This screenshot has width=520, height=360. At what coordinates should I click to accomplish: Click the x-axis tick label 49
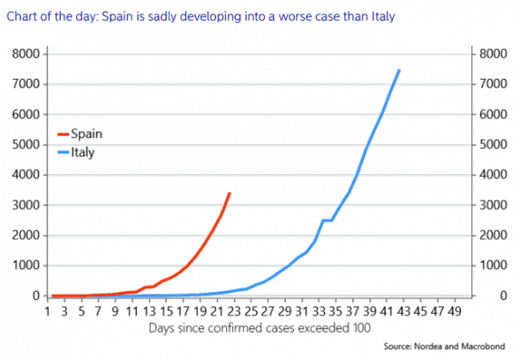pyautogui.click(x=454, y=312)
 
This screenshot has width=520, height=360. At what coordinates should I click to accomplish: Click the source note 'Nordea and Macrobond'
pyautogui.click(x=466, y=347)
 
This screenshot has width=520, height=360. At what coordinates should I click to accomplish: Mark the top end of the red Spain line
pyautogui.click(x=230, y=193)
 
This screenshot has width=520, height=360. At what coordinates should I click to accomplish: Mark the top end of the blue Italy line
pyautogui.click(x=399, y=69)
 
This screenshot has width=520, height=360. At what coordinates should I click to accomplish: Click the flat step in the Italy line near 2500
pyautogui.click(x=327, y=220)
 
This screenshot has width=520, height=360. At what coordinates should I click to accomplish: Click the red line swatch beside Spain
pyautogui.click(x=63, y=135)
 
